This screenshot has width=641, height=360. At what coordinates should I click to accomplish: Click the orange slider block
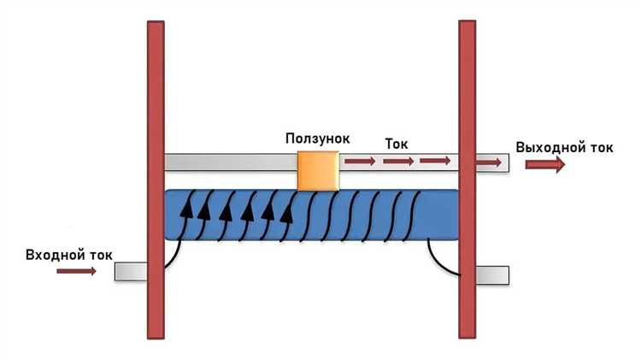click(316, 169)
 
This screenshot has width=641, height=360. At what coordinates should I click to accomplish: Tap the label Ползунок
click(318, 138)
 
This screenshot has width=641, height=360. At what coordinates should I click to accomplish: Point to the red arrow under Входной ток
click(76, 271)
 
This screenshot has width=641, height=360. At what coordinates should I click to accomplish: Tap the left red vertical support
click(156, 180)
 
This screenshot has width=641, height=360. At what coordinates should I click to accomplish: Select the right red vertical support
click(467, 180)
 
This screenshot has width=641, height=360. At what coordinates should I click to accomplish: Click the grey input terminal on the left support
click(131, 271)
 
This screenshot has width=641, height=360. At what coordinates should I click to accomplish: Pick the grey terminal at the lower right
click(491, 274)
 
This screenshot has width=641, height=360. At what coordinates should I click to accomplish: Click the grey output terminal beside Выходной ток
click(492, 162)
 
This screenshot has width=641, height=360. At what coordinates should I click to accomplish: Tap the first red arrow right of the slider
click(360, 161)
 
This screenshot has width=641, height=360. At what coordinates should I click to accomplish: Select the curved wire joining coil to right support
click(443, 257)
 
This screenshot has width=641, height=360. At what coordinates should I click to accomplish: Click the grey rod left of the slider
click(229, 162)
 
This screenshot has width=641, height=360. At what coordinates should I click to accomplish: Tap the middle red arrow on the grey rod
click(398, 161)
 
